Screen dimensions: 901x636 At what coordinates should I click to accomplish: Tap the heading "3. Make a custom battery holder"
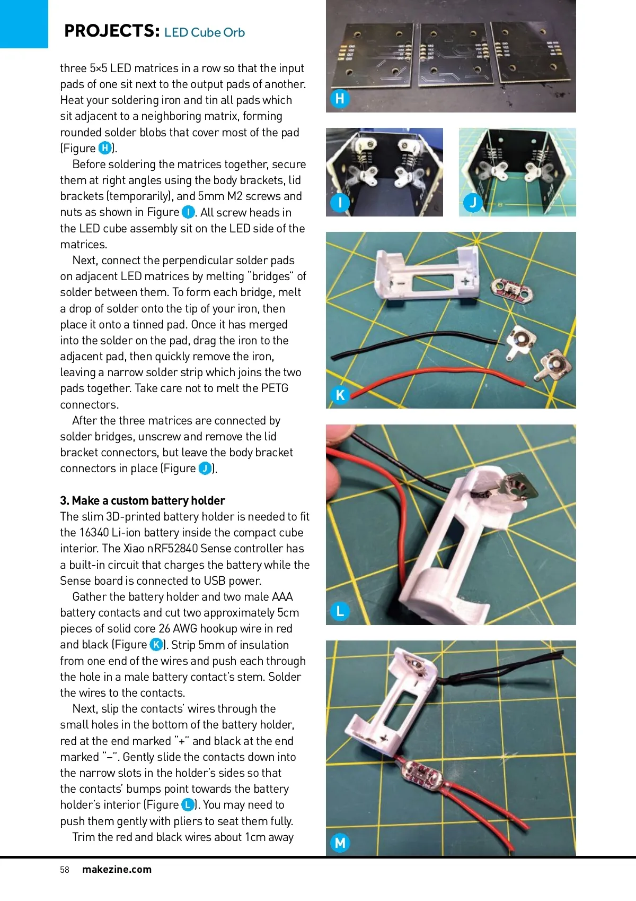pyautogui.click(x=142, y=500)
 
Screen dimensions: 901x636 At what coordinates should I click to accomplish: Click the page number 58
pyautogui.click(x=65, y=870)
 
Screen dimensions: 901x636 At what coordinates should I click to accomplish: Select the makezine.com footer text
pyautogui.click(x=117, y=870)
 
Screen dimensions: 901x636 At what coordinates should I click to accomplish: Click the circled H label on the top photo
pyautogui.click(x=340, y=99)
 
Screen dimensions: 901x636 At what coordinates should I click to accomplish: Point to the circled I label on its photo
pyautogui.click(x=340, y=202)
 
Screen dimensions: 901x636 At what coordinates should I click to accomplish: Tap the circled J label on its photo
pyautogui.click(x=472, y=202)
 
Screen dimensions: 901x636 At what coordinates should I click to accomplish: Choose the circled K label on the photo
pyautogui.click(x=340, y=395)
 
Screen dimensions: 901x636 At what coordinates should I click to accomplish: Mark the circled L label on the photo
pyautogui.click(x=340, y=611)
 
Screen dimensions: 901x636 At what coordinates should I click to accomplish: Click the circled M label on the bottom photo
pyautogui.click(x=340, y=842)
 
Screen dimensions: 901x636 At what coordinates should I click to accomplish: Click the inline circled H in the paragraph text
pyautogui.click(x=105, y=148)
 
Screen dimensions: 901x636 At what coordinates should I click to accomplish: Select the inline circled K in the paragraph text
pyautogui.click(x=156, y=645)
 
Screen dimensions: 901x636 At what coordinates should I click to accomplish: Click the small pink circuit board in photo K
pyautogui.click(x=507, y=288)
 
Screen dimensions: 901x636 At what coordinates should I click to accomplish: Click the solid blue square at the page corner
pyautogui.click(x=24, y=24)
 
